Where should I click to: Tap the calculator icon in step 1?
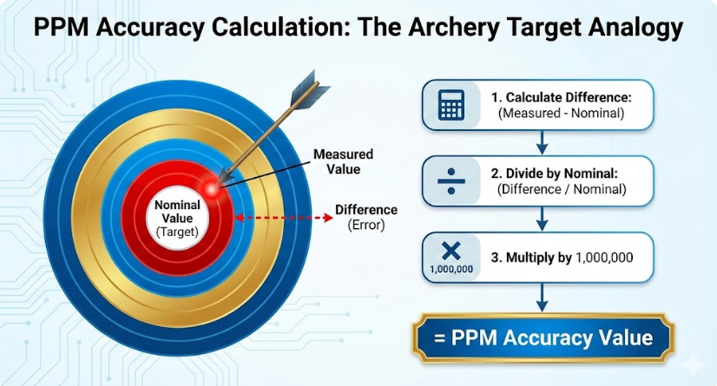click(x=451, y=105)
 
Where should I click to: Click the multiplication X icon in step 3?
click(x=451, y=251)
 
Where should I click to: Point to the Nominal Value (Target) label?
click(x=178, y=219)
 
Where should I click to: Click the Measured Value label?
click(x=343, y=161)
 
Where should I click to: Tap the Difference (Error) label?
click(x=366, y=217)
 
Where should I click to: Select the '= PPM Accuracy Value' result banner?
click(x=543, y=337)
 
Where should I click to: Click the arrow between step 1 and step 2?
click(x=543, y=141)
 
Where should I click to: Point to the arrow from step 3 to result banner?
click(x=543, y=300)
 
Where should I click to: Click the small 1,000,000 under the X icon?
click(x=451, y=270)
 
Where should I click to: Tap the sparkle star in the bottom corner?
click(x=692, y=363)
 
